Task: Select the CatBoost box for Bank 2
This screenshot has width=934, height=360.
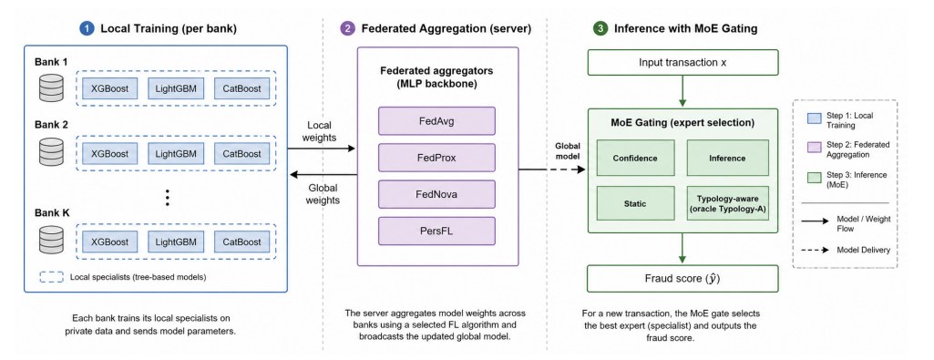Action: point(241,154)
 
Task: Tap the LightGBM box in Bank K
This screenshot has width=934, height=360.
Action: point(176,242)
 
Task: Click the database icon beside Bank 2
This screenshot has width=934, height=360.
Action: point(51,154)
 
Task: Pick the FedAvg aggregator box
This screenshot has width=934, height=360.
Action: point(436,121)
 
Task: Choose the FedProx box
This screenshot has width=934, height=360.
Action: point(436,158)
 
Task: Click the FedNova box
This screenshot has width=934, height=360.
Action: point(436,194)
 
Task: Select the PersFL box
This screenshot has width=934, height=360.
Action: point(436,231)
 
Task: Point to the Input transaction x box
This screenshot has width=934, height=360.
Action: point(683,62)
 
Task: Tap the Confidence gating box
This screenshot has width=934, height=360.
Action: point(635,158)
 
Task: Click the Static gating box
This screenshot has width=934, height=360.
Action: point(635,204)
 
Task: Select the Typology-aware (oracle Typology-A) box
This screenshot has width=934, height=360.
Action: point(727,204)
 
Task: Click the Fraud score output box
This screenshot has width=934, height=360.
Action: point(683,278)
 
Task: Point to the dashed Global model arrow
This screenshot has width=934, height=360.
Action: point(553,170)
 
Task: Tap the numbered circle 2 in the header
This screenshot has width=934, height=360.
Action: point(346,28)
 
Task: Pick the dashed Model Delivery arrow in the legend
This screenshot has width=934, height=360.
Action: point(816,250)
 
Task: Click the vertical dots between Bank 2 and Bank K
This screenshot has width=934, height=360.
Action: point(168,197)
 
